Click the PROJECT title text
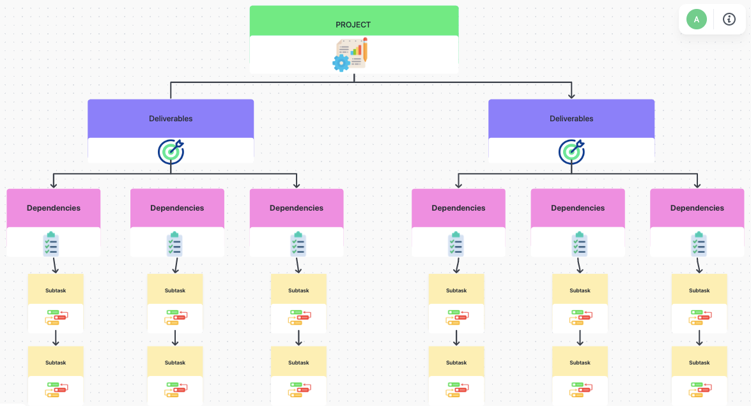[353, 25]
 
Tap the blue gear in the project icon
[341, 63]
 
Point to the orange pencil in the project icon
[365, 50]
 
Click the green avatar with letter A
[697, 20]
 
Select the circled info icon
[729, 19]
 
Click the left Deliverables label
[171, 119]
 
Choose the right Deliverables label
[571, 119]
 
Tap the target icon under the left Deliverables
[171, 151]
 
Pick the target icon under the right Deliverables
[571, 151]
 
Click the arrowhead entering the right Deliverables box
[571, 96]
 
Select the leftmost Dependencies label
[54, 208]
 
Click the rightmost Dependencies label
[697, 208]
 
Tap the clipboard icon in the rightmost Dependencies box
[699, 244]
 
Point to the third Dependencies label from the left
[297, 208]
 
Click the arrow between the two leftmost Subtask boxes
[56, 338]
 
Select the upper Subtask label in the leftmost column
[56, 290]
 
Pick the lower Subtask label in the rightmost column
[699, 363]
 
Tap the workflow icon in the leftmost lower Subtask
[56, 389]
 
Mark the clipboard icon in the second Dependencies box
[174, 244]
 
